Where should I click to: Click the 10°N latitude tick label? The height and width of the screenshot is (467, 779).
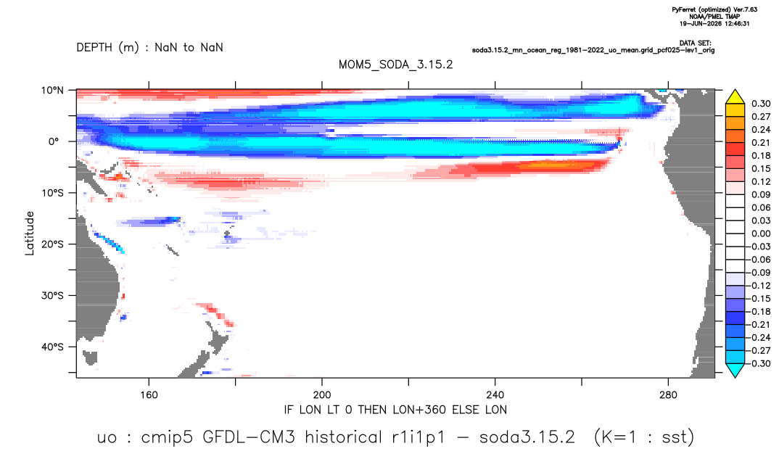tap(52, 91)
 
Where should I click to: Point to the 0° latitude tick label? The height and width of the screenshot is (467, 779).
tap(54, 141)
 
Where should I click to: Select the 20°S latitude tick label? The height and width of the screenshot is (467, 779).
tap(52, 244)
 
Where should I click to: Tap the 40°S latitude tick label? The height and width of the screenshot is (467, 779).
tap(52, 347)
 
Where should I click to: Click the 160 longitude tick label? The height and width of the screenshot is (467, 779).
tap(149, 395)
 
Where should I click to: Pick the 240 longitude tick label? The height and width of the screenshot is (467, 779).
tap(495, 395)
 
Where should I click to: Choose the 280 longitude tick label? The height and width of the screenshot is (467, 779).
tap(668, 395)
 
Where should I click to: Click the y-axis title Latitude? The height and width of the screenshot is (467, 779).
tap(30, 233)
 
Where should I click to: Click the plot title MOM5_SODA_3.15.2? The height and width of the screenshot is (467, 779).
tap(396, 65)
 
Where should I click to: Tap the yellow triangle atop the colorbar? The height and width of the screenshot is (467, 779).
tap(735, 96)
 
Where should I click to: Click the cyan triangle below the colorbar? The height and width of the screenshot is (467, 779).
tap(735, 370)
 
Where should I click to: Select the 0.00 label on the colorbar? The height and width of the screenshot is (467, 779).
tap(761, 233)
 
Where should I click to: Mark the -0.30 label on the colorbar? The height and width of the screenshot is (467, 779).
tap(759, 363)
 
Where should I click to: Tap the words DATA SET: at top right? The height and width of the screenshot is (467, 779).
tap(695, 44)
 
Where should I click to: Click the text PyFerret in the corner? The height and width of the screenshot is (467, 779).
tap(683, 9)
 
